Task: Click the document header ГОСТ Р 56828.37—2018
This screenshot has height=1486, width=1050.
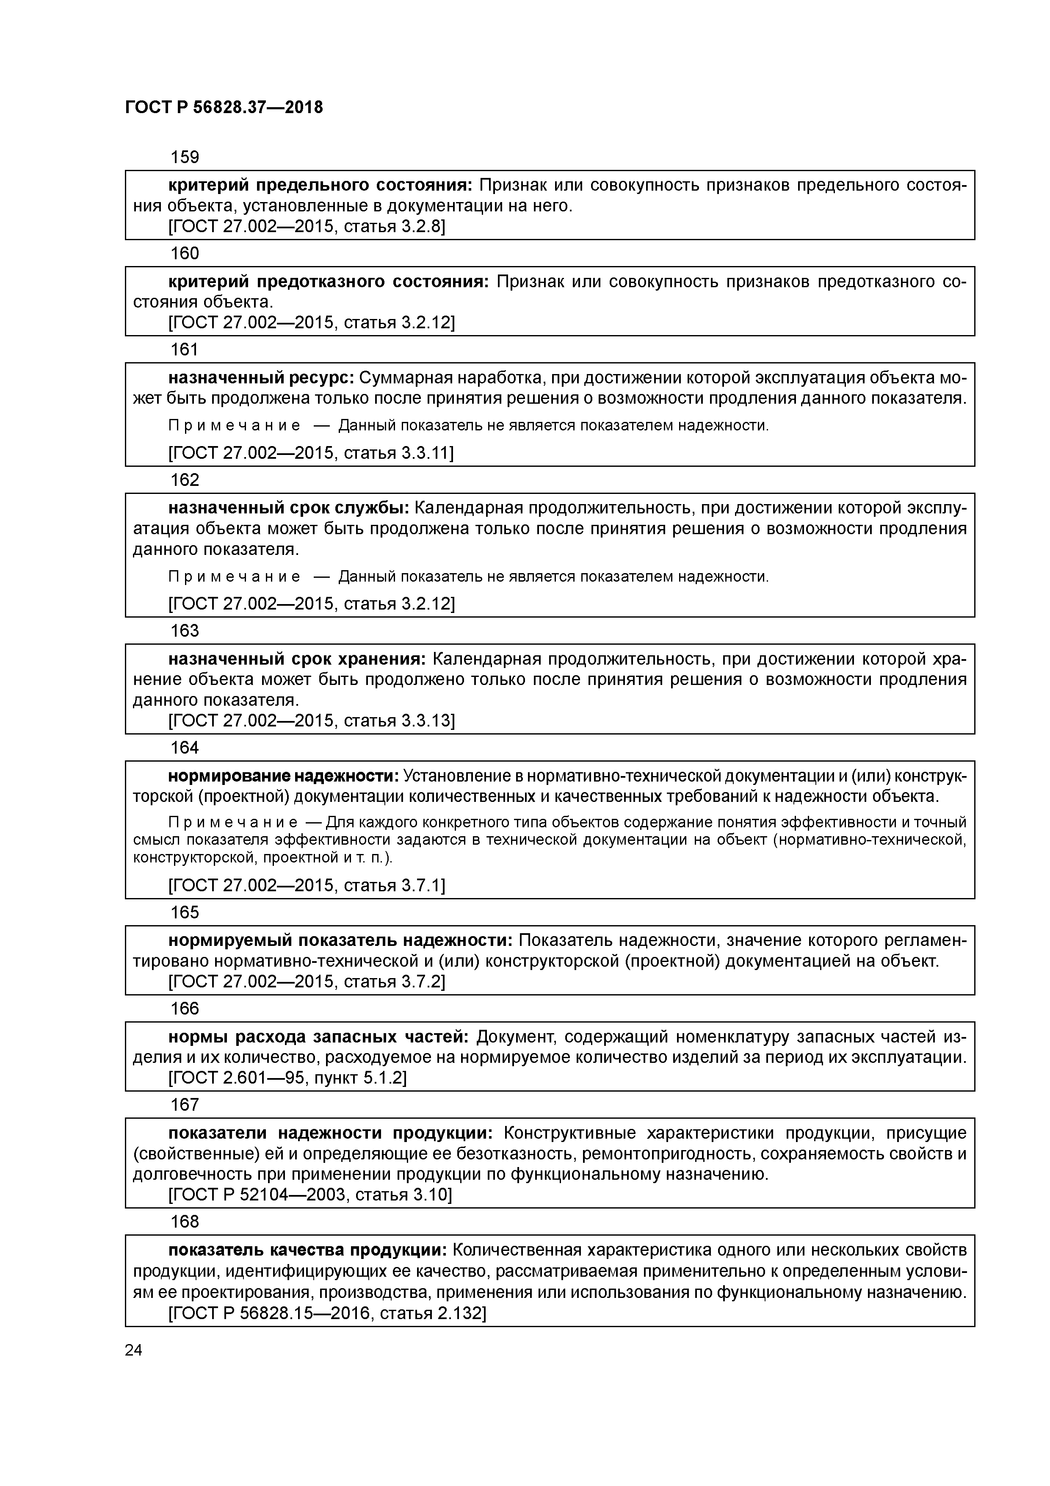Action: [224, 108]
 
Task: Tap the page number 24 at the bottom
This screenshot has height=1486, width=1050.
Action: [133, 1350]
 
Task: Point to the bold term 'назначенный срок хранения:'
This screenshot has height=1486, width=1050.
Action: [297, 659]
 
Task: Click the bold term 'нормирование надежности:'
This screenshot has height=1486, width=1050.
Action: [284, 776]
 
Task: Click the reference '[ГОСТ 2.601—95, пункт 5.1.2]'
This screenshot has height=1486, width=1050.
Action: [287, 1078]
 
